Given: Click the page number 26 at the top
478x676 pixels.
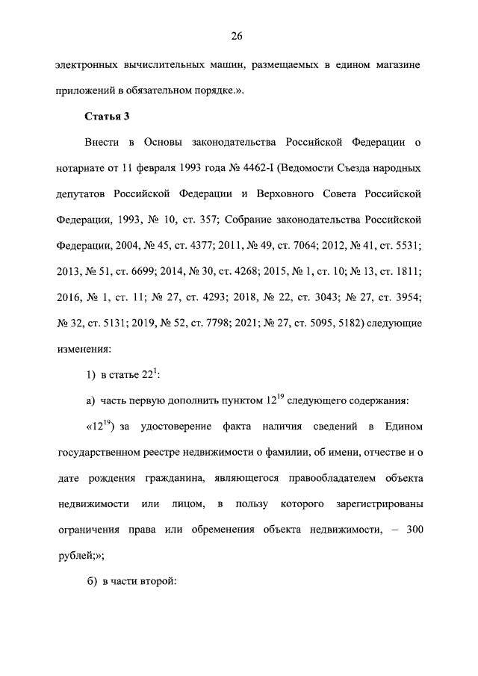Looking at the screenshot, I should coord(238,36).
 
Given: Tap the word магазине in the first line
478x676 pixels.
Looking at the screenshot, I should coord(397,65).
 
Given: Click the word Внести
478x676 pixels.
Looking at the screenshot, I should coord(103,142).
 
